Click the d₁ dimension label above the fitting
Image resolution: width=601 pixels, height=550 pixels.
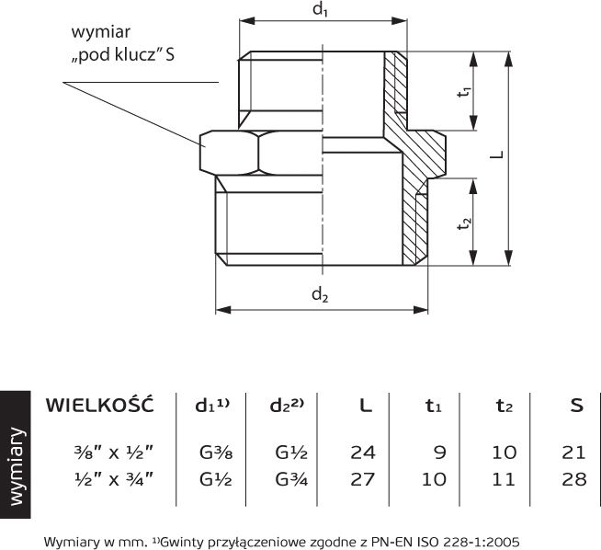(320, 9)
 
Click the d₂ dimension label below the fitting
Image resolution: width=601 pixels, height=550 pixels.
(320, 295)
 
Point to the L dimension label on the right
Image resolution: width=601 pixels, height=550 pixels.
(497, 155)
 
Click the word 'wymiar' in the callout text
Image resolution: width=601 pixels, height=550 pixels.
(101, 32)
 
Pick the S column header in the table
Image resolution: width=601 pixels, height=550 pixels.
(576, 406)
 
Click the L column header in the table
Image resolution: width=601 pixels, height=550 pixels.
(365, 406)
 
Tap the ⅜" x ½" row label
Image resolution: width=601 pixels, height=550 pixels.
(114, 453)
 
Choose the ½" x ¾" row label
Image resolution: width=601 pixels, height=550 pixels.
(114, 479)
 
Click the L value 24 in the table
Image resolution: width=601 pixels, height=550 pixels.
(363, 453)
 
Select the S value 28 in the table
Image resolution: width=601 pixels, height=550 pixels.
(574, 479)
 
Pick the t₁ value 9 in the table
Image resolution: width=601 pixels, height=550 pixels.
(440, 453)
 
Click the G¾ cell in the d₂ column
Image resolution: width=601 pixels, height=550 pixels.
(291, 479)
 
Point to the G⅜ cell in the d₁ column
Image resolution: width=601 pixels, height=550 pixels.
(216, 453)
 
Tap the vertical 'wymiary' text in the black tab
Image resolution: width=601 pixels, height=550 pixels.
(17, 466)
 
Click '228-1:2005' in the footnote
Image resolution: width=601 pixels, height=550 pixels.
(481, 542)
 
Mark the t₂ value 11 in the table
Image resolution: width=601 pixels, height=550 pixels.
(504, 479)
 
